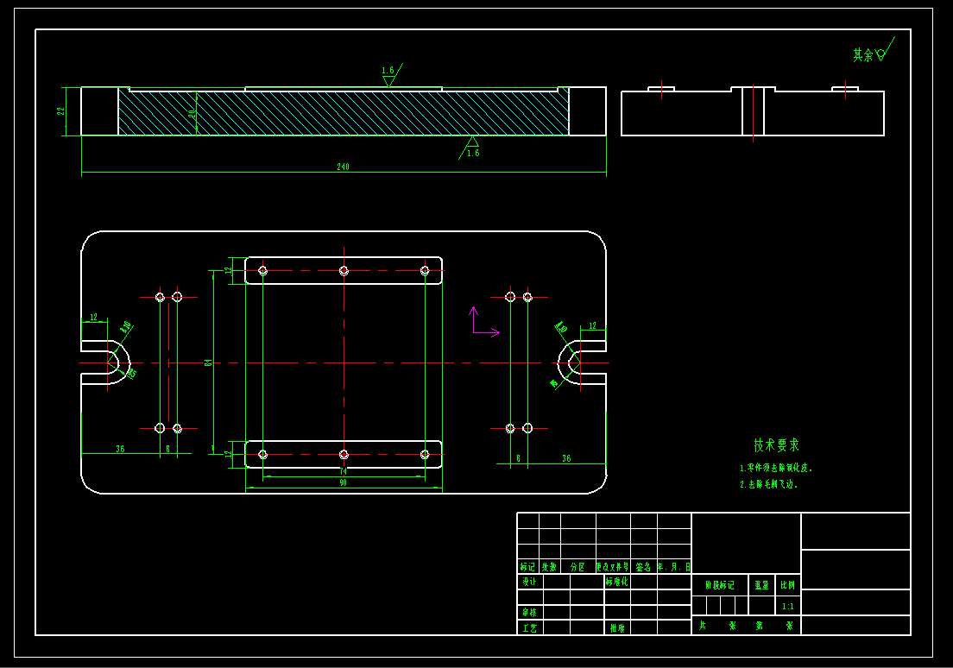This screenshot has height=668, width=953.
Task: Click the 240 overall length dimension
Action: point(343,167)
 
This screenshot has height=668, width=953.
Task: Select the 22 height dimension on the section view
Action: point(61,110)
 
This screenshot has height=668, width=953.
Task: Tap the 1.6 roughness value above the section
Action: point(388,70)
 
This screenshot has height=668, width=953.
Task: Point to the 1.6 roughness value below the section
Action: point(472,153)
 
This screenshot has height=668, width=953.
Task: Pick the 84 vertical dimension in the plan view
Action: point(208,362)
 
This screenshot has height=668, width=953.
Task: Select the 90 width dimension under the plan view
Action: point(343,483)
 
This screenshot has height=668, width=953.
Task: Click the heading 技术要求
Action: point(776,445)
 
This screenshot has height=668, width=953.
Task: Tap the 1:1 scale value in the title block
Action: point(788,606)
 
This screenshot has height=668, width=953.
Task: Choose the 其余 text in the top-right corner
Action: point(863,55)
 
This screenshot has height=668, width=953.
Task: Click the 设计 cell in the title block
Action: point(528,582)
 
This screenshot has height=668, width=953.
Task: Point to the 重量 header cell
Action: point(761,584)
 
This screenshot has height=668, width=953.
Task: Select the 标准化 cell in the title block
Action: point(617,582)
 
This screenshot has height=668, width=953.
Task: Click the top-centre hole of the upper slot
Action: point(344,271)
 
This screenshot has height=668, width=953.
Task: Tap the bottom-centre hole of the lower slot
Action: point(344,454)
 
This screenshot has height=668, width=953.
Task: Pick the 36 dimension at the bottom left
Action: point(120,449)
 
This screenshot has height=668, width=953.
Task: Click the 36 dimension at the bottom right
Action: point(566,458)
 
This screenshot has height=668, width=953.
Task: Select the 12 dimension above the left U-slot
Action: point(93,318)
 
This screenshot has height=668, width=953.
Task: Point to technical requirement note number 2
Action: point(769,485)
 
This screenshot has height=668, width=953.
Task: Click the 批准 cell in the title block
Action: point(617,627)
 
